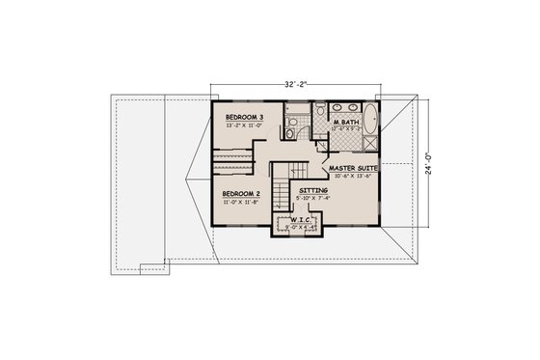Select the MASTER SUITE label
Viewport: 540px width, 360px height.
[352, 168]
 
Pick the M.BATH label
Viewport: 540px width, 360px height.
[346, 123]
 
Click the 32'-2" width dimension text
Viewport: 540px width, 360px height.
[296, 83]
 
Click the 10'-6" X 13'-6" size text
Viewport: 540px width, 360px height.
[352, 177]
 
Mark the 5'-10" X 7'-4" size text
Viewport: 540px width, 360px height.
[312, 201]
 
